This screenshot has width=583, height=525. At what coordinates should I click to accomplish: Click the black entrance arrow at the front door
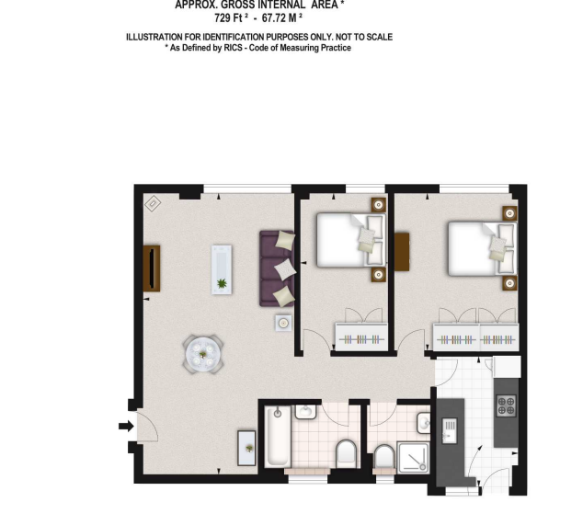(124, 426)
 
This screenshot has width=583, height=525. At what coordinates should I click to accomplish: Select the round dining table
(202, 352)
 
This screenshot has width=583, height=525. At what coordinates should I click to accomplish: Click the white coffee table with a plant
(222, 268)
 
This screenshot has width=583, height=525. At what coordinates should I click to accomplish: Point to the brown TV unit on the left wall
(152, 268)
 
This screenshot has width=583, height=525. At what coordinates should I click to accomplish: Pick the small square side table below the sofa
(284, 323)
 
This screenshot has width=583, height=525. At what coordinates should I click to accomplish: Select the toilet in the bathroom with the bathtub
(346, 452)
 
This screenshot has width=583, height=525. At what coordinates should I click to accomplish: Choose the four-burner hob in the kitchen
(507, 405)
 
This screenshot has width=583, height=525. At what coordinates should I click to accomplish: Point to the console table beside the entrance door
(247, 448)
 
